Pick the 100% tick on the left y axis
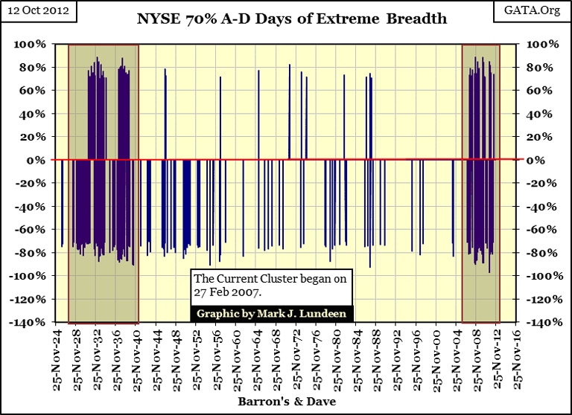coord(29,44)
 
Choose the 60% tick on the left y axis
coord(31,90)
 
